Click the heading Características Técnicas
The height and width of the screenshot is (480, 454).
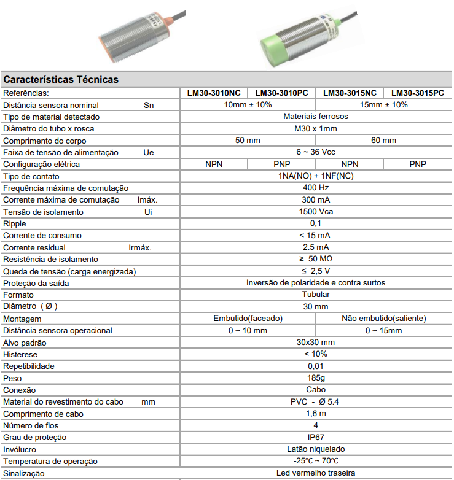pyautogui.click(x=61, y=80)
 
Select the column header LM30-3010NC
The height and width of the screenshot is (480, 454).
pyautogui.click(x=214, y=93)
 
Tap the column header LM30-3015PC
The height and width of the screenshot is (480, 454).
pyautogui.click(x=417, y=93)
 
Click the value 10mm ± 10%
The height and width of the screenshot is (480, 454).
pyautogui.click(x=248, y=105)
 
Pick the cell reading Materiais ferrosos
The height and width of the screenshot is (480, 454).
pyautogui.click(x=316, y=117)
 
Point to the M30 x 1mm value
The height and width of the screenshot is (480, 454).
pyautogui.click(x=316, y=129)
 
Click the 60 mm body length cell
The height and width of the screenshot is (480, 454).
pyautogui.click(x=384, y=141)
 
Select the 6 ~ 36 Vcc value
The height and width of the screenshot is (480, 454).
pyautogui.click(x=316, y=152)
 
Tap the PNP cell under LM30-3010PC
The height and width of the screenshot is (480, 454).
pyautogui.click(x=281, y=165)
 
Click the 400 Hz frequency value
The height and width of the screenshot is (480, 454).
pyautogui.click(x=316, y=188)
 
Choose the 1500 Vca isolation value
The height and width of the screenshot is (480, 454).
pyautogui.click(x=316, y=212)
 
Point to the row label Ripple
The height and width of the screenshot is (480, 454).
pyautogui.click(x=15, y=223)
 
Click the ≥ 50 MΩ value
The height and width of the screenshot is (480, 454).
pyautogui.click(x=316, y=259)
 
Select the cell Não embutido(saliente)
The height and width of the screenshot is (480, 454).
pyautogui.click(x=384, y=319)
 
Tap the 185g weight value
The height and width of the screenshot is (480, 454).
pyautogui.click(x=316, y=378)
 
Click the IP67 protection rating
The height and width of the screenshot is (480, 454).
pyautogui.click(x=316, y=438)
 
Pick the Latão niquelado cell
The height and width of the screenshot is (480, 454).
pyautogui.click(x=316, y=449)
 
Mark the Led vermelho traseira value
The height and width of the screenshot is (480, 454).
pyautogui.click(x=316, y=473)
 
